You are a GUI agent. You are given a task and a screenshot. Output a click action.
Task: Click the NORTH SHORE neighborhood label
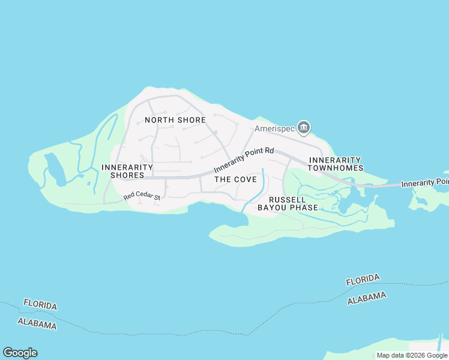click(x=175, y=120)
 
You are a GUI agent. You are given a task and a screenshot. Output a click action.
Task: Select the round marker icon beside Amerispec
click(x=304, y=127)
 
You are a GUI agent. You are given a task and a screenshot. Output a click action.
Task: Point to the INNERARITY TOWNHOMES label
click(x=336, y=164)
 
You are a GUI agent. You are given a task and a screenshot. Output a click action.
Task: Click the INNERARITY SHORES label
click(x=123, y=171)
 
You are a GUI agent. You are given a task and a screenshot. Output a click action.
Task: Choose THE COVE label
click(x=235, y=179)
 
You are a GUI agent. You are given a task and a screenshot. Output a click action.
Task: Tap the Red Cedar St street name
click(x=142, y=196)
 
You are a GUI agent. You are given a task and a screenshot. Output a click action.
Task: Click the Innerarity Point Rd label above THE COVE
click(x=244, y=159)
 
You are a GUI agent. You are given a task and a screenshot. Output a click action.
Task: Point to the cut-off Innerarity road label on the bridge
click(x=424, y=182)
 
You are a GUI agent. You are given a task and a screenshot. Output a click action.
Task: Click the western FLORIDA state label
click(x=40, y=304)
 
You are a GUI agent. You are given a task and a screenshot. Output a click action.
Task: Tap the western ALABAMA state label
click(x=37, y=324)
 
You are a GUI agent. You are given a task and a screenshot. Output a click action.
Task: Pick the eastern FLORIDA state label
click(x=363, y=280)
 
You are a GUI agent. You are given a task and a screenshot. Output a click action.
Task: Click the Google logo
click(x=20, y=353)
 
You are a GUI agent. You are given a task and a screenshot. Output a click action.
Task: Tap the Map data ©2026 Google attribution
click(x=412, y=355)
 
